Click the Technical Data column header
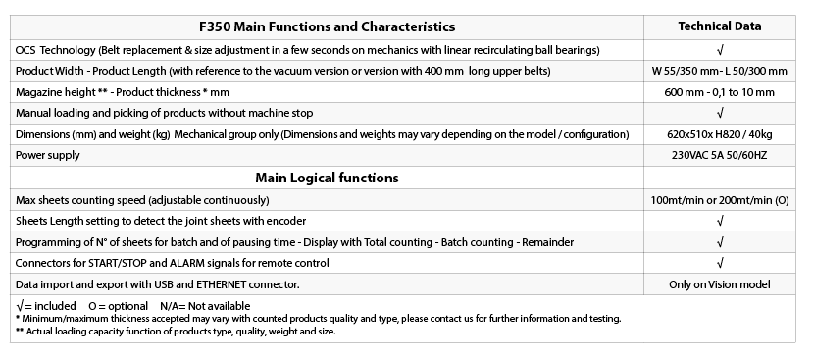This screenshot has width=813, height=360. (720, 26)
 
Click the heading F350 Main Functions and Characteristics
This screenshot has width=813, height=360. (327, 26)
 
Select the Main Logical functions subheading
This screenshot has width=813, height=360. (327, 178)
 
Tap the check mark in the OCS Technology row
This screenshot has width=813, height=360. (720, 49)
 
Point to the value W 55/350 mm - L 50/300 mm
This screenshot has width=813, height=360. (720, 71)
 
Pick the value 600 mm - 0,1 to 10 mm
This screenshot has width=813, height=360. (720, 92)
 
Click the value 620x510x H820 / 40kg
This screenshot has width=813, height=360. (720, 133)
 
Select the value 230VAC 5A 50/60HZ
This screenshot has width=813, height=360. (720, 155)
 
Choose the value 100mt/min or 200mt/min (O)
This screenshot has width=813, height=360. (720, 199)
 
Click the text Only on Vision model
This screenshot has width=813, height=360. (720, 284)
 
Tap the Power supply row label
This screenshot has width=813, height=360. (48, 155)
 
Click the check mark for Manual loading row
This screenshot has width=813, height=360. (720, 113)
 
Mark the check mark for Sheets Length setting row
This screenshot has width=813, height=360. (720, 221)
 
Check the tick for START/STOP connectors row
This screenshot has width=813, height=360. (720, 263)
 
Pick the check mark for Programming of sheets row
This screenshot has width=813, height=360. (720, 241)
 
